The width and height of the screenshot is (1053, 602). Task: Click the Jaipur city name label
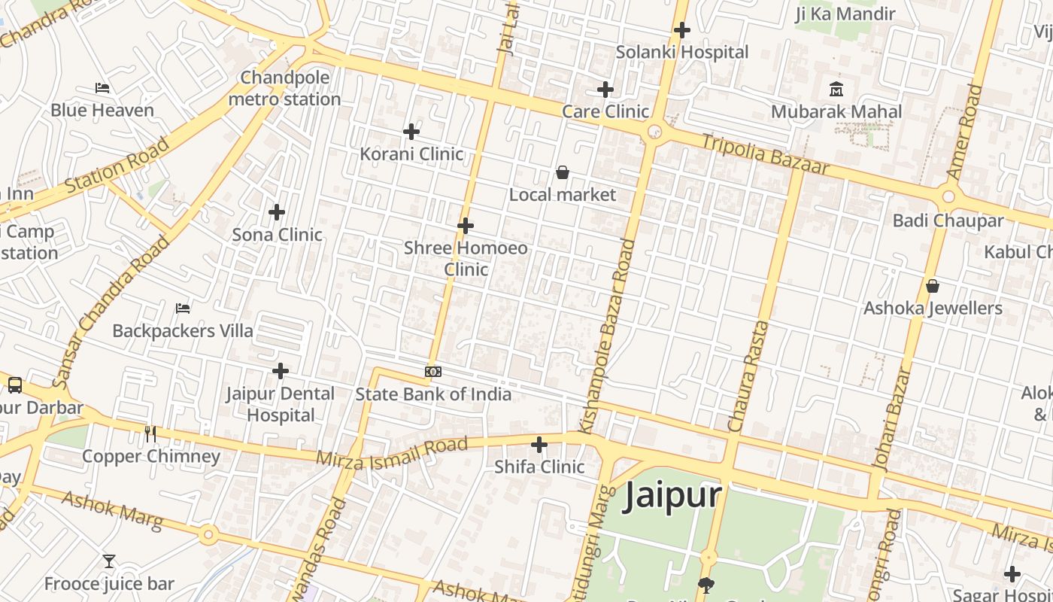click(x=672, y=496)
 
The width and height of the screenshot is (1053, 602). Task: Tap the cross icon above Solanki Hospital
click(x=682, y=30)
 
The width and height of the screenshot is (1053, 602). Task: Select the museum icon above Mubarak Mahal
click(x=836, y=90)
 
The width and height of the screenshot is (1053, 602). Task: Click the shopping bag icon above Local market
click(x=562, y=173)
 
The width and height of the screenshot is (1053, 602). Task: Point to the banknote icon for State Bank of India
click(x=433, y=372)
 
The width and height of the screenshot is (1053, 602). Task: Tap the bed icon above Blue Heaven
click(x=102, y=88)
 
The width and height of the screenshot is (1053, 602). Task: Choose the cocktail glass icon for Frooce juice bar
click(x=109, y=561)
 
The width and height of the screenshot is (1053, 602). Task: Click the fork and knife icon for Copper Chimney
click(x=150, y=433)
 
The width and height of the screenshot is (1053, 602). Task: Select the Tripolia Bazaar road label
click(x=765, y=154)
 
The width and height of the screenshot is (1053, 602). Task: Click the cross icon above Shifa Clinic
click(x=539, y=445)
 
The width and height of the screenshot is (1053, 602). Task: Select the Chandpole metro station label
click(x=284, y=89)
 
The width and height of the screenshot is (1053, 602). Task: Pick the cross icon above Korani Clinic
click(x=411, y=132)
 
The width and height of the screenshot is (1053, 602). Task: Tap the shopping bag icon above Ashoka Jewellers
click(x=933, y=286)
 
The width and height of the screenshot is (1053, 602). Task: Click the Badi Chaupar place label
click(x=948, y=220)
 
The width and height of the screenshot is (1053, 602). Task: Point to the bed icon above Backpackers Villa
click(x=183, y=309)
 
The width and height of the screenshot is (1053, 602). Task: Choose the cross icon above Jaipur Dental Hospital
click(x=281, y=371)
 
